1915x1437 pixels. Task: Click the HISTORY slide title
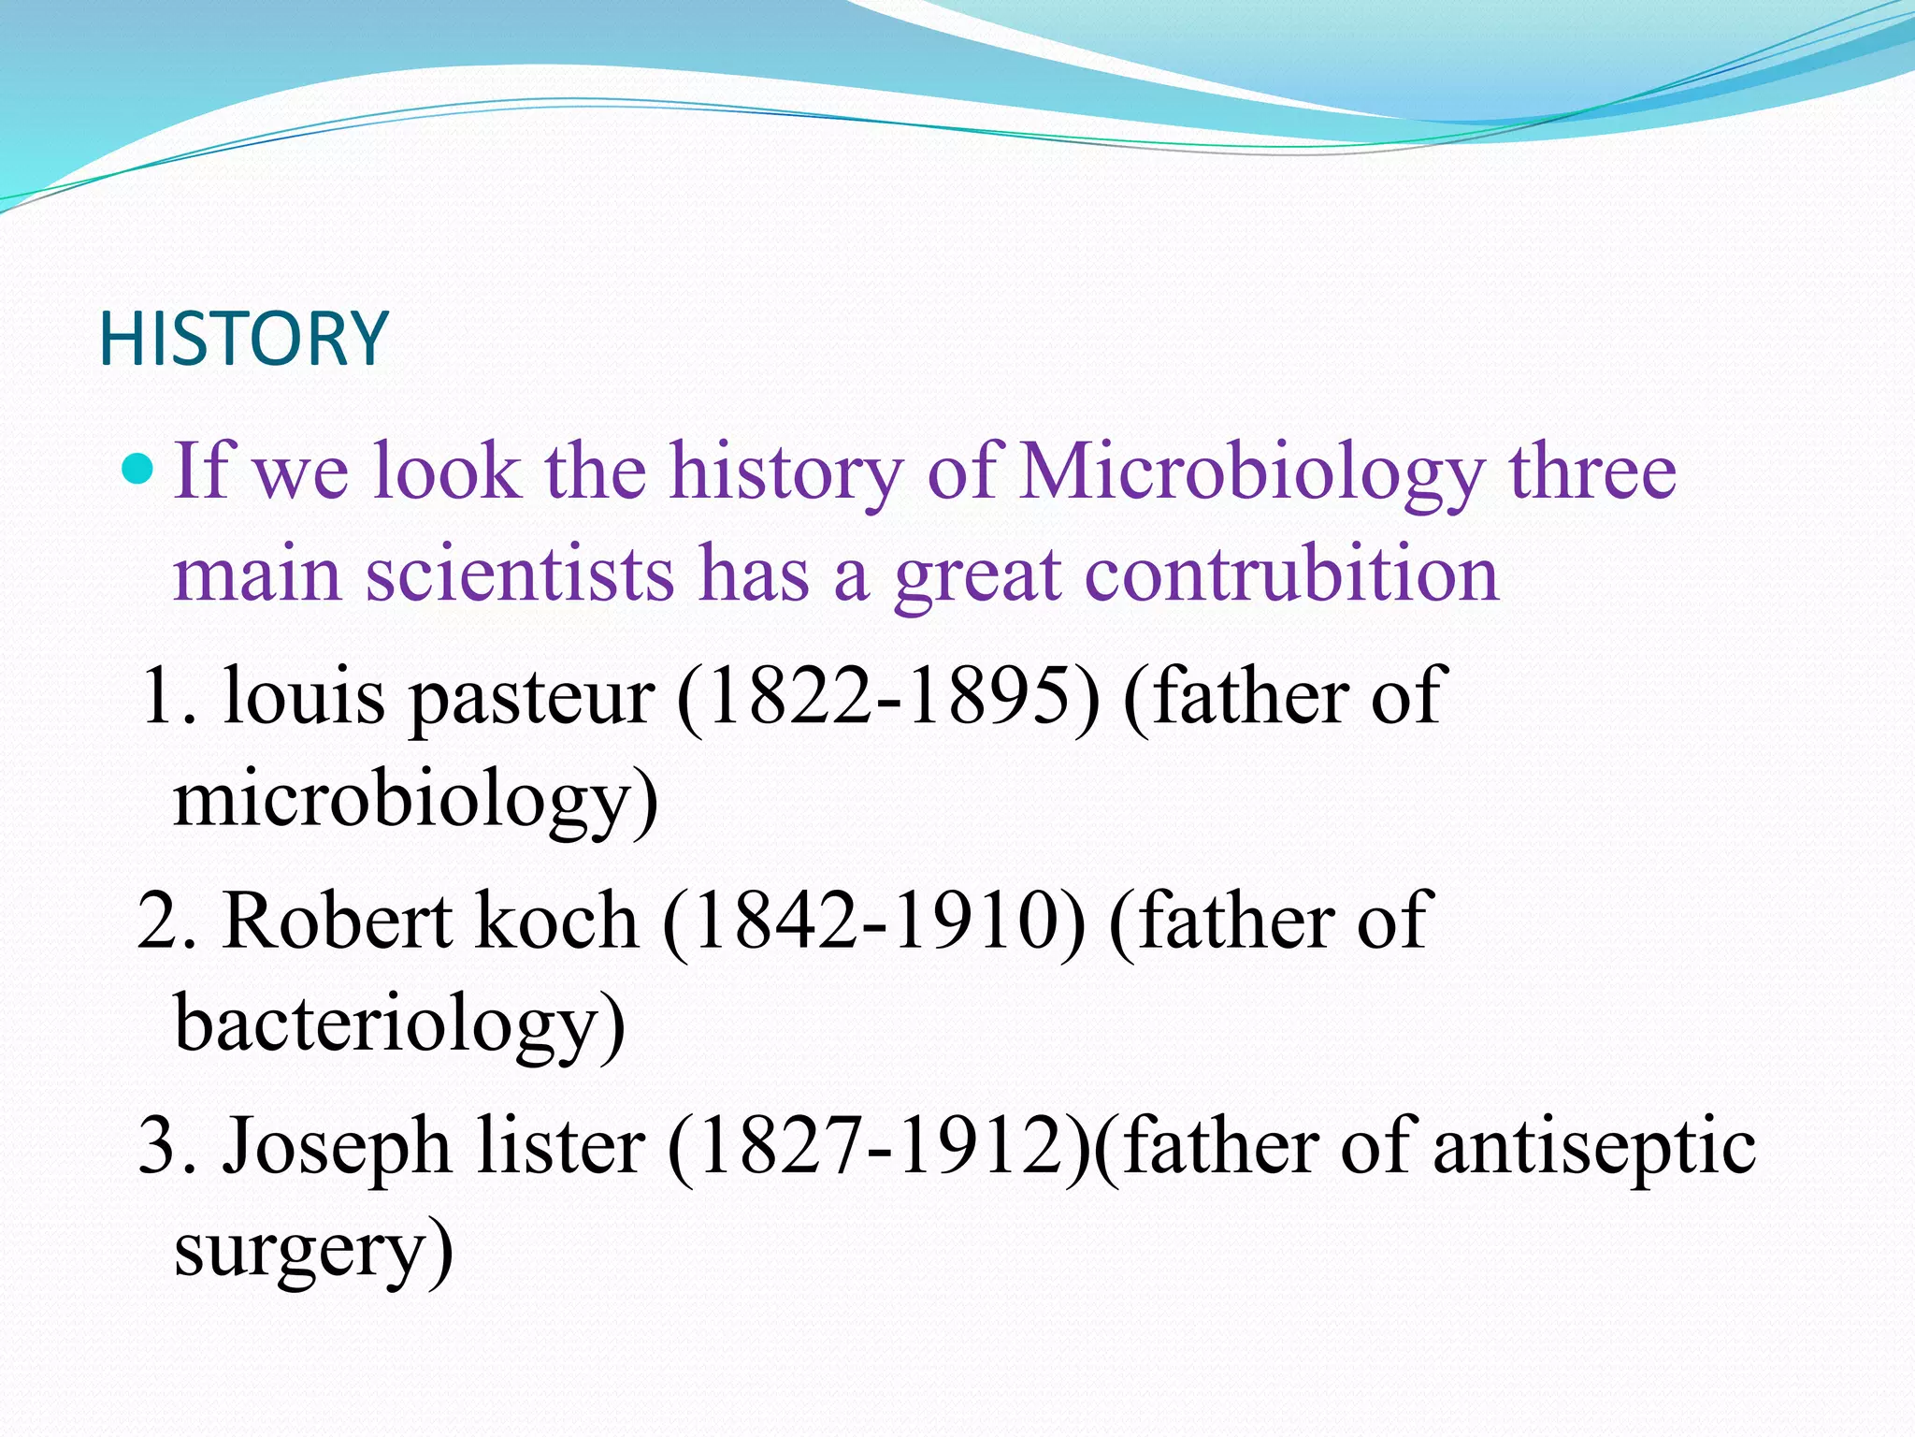[243, 339]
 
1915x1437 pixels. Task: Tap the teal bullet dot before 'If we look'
[138, 468]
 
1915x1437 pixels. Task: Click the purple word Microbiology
[1252, 473]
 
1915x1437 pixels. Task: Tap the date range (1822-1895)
[888, 697]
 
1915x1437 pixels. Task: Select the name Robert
[337, 922]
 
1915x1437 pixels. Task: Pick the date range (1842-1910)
[874, 922]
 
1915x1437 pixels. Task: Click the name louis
[304, 697]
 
